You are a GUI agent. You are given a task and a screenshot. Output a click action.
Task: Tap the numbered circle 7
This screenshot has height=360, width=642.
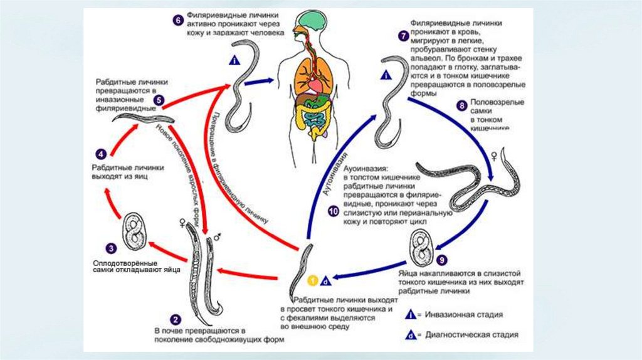[x=402, y=35]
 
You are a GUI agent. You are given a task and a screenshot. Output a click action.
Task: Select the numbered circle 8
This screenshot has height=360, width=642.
[x=462, y=105]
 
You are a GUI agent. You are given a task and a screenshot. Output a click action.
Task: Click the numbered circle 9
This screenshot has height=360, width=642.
[x=443, y=259]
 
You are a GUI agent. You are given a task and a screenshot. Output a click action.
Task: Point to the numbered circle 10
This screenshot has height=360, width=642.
[x=332, y=212]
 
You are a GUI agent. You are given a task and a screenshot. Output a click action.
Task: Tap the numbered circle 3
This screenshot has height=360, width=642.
[x=110, y=248]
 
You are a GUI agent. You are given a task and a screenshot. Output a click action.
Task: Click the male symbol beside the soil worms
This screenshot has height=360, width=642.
[x=216, y=237]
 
